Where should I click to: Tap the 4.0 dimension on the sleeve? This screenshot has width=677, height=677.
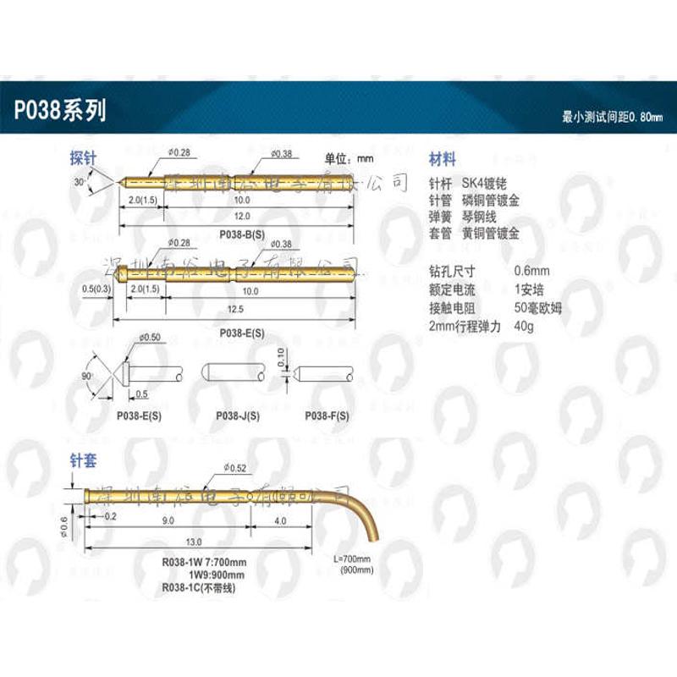[281, 521]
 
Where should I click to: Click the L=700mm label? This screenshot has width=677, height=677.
[355, 559]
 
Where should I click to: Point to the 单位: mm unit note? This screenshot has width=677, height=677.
[350, 157]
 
